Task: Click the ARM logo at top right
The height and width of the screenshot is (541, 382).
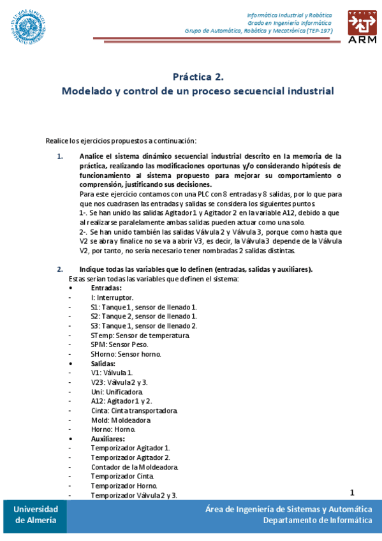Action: tap(362, 26)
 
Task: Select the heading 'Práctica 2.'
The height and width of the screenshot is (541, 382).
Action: tap(198, 77)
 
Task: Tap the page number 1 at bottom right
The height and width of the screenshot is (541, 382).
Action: tap(351, 492)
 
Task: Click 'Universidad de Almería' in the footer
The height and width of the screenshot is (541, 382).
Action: tap(36, 514)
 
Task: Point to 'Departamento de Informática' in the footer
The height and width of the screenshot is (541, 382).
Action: tap(318, 520)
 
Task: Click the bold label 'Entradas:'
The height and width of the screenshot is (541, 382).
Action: tap(106, 288)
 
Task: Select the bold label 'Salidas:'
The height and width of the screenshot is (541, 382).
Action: tap(103, 364)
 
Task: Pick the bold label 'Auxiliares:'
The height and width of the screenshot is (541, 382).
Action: tap(108, 439)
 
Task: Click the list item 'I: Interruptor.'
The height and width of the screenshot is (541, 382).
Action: tap(112, 298)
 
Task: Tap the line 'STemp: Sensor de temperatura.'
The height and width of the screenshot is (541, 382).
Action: tap(140, 336)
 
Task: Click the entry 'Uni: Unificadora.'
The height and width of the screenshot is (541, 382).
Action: tap(117, 392)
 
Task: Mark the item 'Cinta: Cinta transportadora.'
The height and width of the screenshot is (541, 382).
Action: tap(134, 411)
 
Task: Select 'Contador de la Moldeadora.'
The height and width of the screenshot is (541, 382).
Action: tap(134, 467)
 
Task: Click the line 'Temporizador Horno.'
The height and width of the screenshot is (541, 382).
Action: tap(124, 486)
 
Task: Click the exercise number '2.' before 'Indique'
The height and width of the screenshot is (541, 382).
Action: tap(60, 269)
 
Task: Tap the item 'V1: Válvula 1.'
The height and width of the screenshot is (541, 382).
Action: tap(112, 373)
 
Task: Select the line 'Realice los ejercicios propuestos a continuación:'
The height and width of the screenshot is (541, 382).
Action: tap(121, 140)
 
